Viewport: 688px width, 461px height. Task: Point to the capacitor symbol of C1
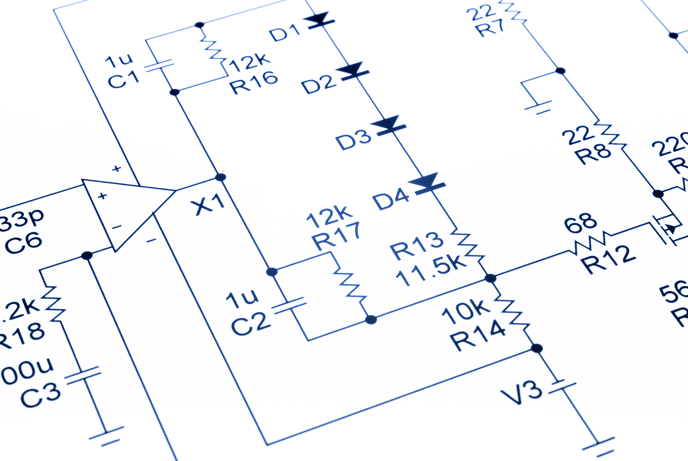(159, 66)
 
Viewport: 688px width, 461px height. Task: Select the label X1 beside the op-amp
(207, 204)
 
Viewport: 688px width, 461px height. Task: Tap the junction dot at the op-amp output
(220, 177)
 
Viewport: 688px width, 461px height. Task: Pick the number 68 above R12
(580, 223)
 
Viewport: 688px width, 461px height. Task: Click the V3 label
(521, 392)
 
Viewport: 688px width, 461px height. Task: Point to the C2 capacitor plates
(290, 306)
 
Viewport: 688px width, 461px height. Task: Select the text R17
(336, 236)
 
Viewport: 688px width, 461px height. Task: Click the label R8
(593, 154)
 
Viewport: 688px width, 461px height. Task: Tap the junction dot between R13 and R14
(490, 278)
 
